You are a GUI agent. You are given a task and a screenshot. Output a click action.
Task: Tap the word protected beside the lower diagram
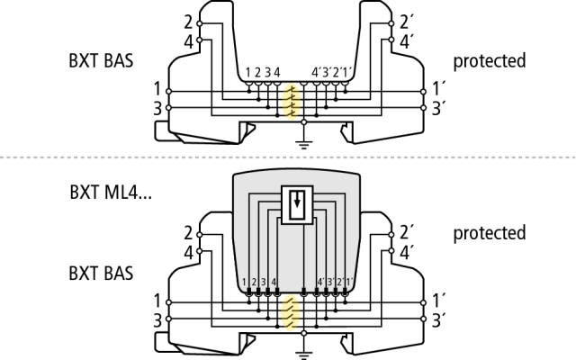coord(489,233)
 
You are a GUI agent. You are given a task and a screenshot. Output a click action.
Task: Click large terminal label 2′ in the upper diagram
coord(408,22)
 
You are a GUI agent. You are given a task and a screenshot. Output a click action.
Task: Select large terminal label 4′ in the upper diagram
coord(408,40)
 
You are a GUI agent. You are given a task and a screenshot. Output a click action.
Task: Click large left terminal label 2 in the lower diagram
coord(187,232)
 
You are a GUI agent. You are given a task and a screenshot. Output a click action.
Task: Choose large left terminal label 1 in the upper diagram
coord(159,89)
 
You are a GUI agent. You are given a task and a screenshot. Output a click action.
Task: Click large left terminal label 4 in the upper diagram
coord(187,40)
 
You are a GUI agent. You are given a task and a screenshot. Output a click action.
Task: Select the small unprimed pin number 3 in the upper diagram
coord(267,72)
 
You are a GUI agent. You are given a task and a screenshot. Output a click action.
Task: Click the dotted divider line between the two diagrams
coord(288,158)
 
